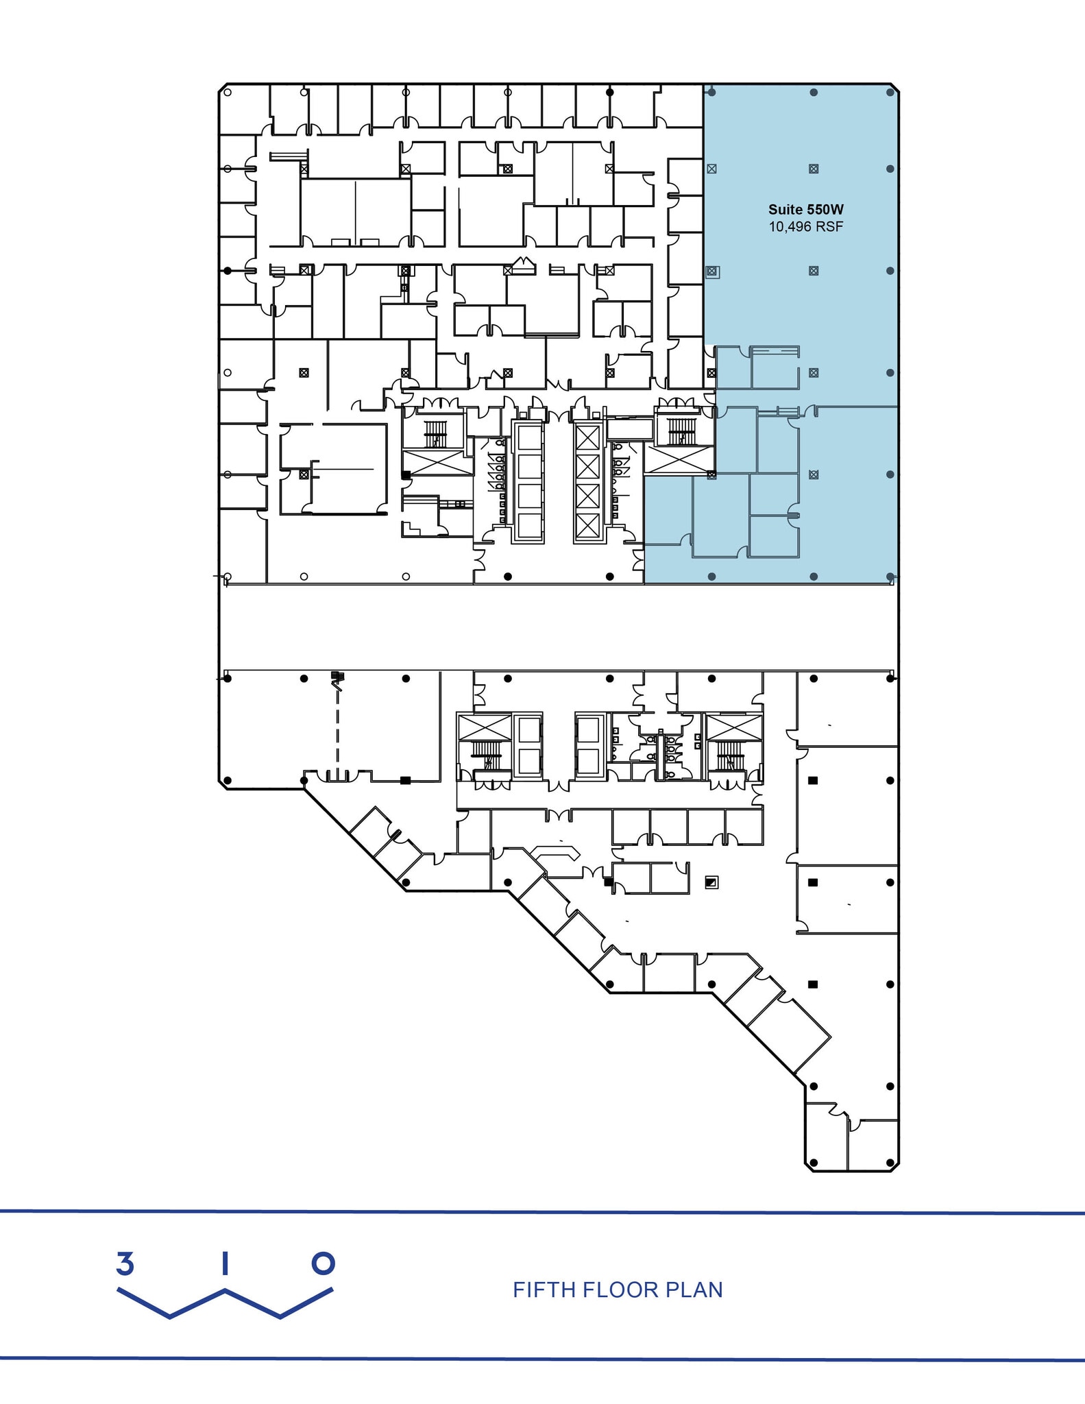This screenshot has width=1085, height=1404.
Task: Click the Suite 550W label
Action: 805,210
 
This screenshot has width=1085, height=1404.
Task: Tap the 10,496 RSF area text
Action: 805,227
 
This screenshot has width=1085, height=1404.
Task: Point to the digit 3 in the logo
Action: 125,1263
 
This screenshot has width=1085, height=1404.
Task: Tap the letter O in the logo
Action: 323,1263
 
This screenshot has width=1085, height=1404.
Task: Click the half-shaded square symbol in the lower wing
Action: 711,882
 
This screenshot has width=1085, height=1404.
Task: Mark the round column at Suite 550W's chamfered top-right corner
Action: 890,92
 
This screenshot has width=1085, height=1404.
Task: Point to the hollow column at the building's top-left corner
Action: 228,92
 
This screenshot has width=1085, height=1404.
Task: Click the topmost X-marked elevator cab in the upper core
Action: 587,437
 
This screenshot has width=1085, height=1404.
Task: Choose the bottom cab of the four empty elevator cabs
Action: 528,525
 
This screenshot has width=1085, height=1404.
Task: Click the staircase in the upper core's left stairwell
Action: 435,433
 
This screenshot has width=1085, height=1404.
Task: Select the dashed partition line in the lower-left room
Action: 337,727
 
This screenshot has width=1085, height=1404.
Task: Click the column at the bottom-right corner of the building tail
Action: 890,1163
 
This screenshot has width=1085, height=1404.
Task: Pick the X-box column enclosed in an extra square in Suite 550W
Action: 712,272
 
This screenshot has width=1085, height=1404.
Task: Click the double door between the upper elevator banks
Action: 559,413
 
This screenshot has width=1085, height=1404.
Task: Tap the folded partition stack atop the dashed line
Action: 337,677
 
